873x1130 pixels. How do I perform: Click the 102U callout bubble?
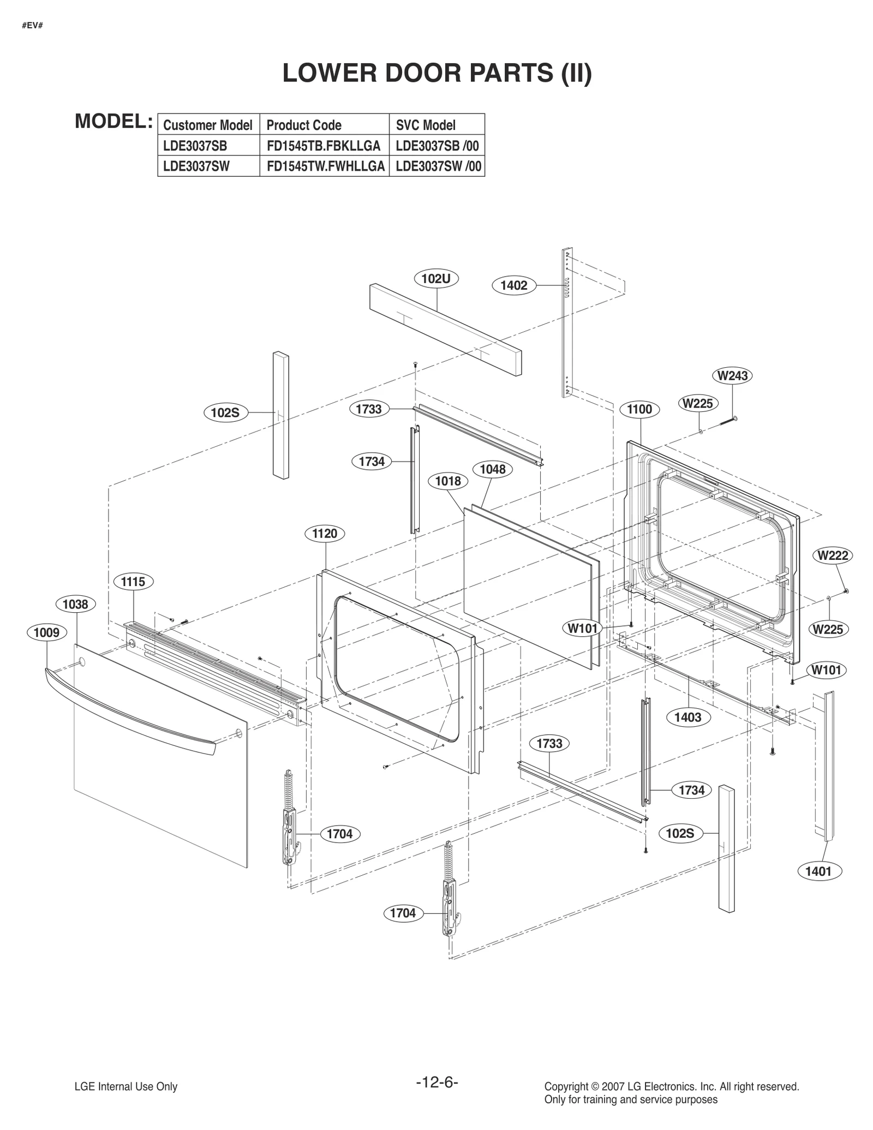click(x=436, y=279)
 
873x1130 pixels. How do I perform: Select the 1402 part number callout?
click(x=514, y=285)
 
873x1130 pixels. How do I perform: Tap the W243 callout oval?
click(x=732, y=376)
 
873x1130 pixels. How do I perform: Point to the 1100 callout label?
click(x=639, y=409)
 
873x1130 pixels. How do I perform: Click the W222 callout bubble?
click(x=833, y=555)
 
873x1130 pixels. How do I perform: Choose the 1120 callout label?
click(x=325, y=534)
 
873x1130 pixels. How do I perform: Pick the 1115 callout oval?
click(x=133, y=582)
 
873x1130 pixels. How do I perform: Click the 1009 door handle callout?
click(x=47, y=632)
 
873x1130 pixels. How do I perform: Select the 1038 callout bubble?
click(x=75, y=604)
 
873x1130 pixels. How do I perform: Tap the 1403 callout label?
click(x=687, y=717)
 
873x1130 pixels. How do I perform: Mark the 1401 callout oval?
click(x=818, y=871)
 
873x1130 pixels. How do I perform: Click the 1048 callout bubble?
click(x=493, y=469)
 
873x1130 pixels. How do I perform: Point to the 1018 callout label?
click(x=448, y=481)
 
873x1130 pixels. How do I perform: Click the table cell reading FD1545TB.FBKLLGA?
click(x=324, y=146)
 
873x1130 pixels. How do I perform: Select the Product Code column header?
click(x=304, y=125)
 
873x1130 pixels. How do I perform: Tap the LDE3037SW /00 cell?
click(x=438, y=166)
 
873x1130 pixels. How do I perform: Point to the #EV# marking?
click(x=33, y=26)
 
